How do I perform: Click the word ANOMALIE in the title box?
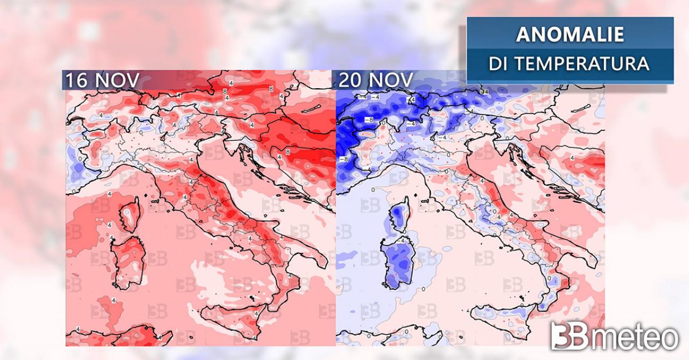(570, 34)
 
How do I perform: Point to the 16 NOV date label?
(102, 80)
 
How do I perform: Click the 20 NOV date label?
(375, 80)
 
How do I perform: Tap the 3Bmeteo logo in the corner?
(614, 337)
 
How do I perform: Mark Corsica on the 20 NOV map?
(399, 215)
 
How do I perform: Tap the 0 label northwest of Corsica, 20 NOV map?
(372, 190)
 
